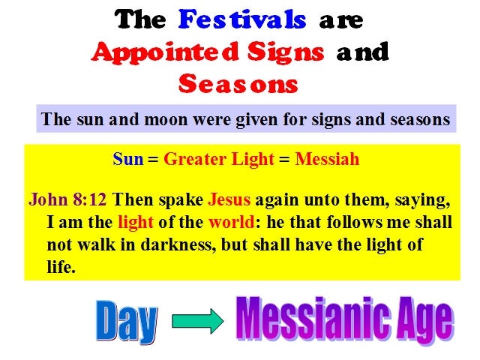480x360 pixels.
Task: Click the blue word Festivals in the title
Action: point(242,19)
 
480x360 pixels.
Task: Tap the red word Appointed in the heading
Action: point(165,52)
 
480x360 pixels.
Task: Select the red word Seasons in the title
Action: point(238,83)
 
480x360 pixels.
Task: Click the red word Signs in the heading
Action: point(286,52)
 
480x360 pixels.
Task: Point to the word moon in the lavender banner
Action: point(166,119)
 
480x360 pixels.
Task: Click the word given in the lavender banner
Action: point(256,120)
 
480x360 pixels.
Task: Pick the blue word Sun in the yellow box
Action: point(128,159)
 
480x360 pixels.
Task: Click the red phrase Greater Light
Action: point(219,160)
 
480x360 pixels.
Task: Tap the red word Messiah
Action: point(327,159)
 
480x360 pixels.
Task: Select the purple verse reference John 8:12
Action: point(67,199)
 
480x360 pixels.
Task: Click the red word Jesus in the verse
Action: point(229,199)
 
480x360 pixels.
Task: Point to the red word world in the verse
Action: point(232,222)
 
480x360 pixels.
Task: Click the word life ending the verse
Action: point(61,267)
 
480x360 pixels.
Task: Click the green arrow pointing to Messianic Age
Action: point(198,321)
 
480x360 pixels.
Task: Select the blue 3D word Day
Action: point(127,321)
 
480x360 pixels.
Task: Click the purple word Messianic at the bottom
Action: point(313,318)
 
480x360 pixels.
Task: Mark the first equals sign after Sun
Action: point(153,160)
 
